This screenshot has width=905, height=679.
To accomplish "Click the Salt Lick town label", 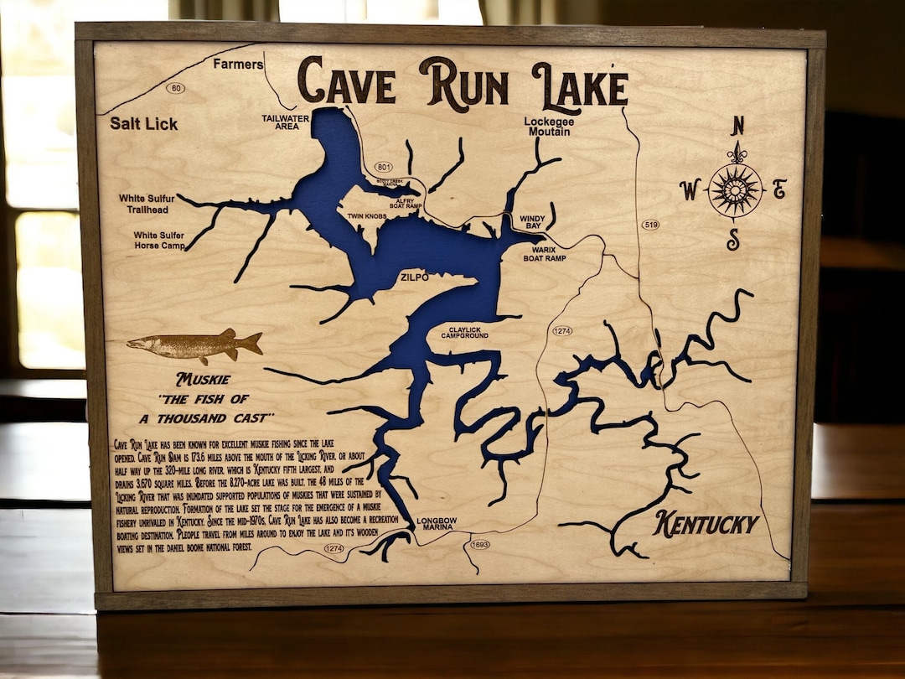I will pos(143,124).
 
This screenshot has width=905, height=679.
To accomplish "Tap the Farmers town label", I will pos(238,65).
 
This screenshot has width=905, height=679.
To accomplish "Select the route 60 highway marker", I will pos(175,88).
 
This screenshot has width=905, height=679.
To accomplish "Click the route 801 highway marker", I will pos(385,167).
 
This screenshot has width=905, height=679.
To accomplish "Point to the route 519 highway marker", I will pos(650,225).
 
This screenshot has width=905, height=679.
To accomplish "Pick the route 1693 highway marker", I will pos(480,545).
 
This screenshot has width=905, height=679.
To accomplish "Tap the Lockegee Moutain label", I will pos(547,127).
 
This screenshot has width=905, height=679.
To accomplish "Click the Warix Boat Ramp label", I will pos(545,254).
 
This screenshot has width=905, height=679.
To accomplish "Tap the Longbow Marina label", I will pos(435,523).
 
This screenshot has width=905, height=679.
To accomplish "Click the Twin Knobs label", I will pos(367,216).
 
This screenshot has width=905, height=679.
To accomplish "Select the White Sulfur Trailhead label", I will pos(150,204).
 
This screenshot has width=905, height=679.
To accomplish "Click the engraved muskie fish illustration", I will pos(194,344).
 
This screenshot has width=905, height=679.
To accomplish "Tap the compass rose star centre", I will pos(735,190).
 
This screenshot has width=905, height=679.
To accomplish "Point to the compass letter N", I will pos(737,127).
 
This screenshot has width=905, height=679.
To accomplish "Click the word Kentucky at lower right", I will pos(706,525).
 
